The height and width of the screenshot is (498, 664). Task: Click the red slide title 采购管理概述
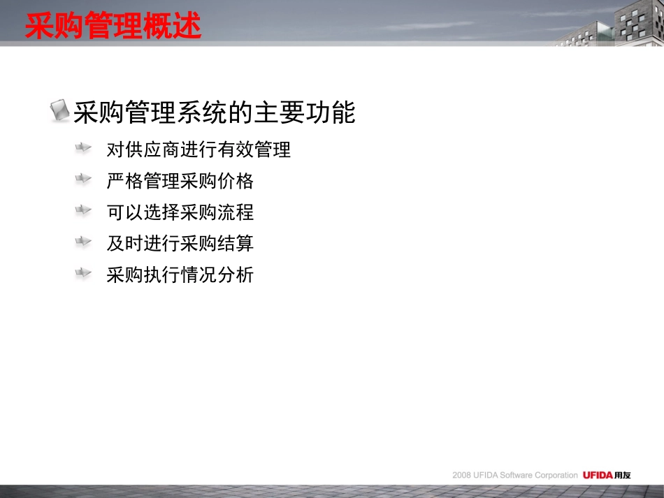113,27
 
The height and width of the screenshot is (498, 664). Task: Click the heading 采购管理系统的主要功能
215,112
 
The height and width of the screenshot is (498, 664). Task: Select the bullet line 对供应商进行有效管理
199,149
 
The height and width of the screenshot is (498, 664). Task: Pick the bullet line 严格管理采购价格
180,182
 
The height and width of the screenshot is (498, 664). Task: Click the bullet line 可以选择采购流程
180,212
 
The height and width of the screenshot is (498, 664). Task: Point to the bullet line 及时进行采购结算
180,244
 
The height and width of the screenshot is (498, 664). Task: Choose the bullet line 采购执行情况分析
180,275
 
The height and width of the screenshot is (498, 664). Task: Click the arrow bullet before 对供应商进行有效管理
83,148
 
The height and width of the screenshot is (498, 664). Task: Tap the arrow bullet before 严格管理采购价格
83,180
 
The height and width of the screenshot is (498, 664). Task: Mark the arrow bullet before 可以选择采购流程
83,210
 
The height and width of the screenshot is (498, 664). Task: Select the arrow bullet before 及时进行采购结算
83,242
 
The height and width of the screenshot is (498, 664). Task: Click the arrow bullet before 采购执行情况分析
83,273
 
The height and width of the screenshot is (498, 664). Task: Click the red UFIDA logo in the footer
598,475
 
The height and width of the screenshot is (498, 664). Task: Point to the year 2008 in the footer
462,476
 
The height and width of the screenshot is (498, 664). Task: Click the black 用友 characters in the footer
622,475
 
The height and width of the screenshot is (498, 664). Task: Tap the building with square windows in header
640,24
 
